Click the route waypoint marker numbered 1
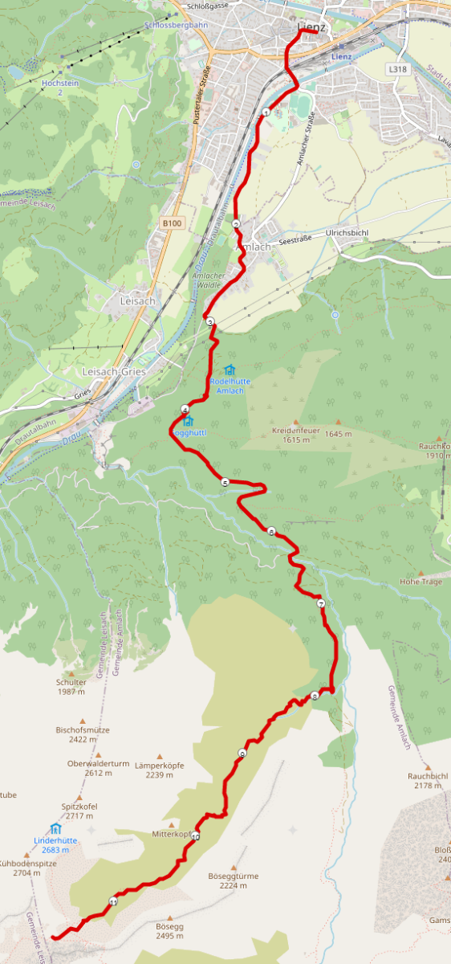click(x=266, y=112)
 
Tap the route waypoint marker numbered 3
click(x=210, y=322)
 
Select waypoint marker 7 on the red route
click(x=320, y=603)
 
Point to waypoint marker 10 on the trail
click(x=195, y=836)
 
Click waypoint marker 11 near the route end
click(x=113, y=902)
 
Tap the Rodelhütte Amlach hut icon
click(x=230, y=370)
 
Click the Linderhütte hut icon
click(x=55, y=828)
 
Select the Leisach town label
click(x=136, y=300)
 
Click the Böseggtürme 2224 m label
click(x=232, y=880)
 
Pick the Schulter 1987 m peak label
click(x=71, y=687)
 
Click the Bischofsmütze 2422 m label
click(x=83, y=735)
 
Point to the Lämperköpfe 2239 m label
click(x=160, y=770)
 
